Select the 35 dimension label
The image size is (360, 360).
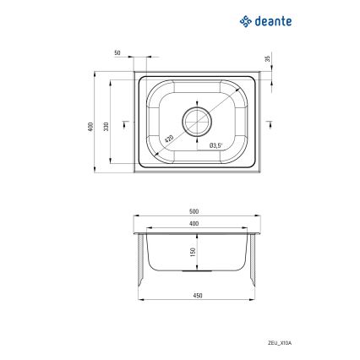tap(267, 58)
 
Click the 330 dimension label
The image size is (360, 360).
tap(106, 127)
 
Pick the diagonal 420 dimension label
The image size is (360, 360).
tap(169, 139)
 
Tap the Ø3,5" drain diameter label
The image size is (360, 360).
tap(215, 145)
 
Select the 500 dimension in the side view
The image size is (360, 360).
tap(194, 210)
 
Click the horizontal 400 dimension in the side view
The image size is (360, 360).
tap(194, 222)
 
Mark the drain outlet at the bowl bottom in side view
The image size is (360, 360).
tap(196, 271)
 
